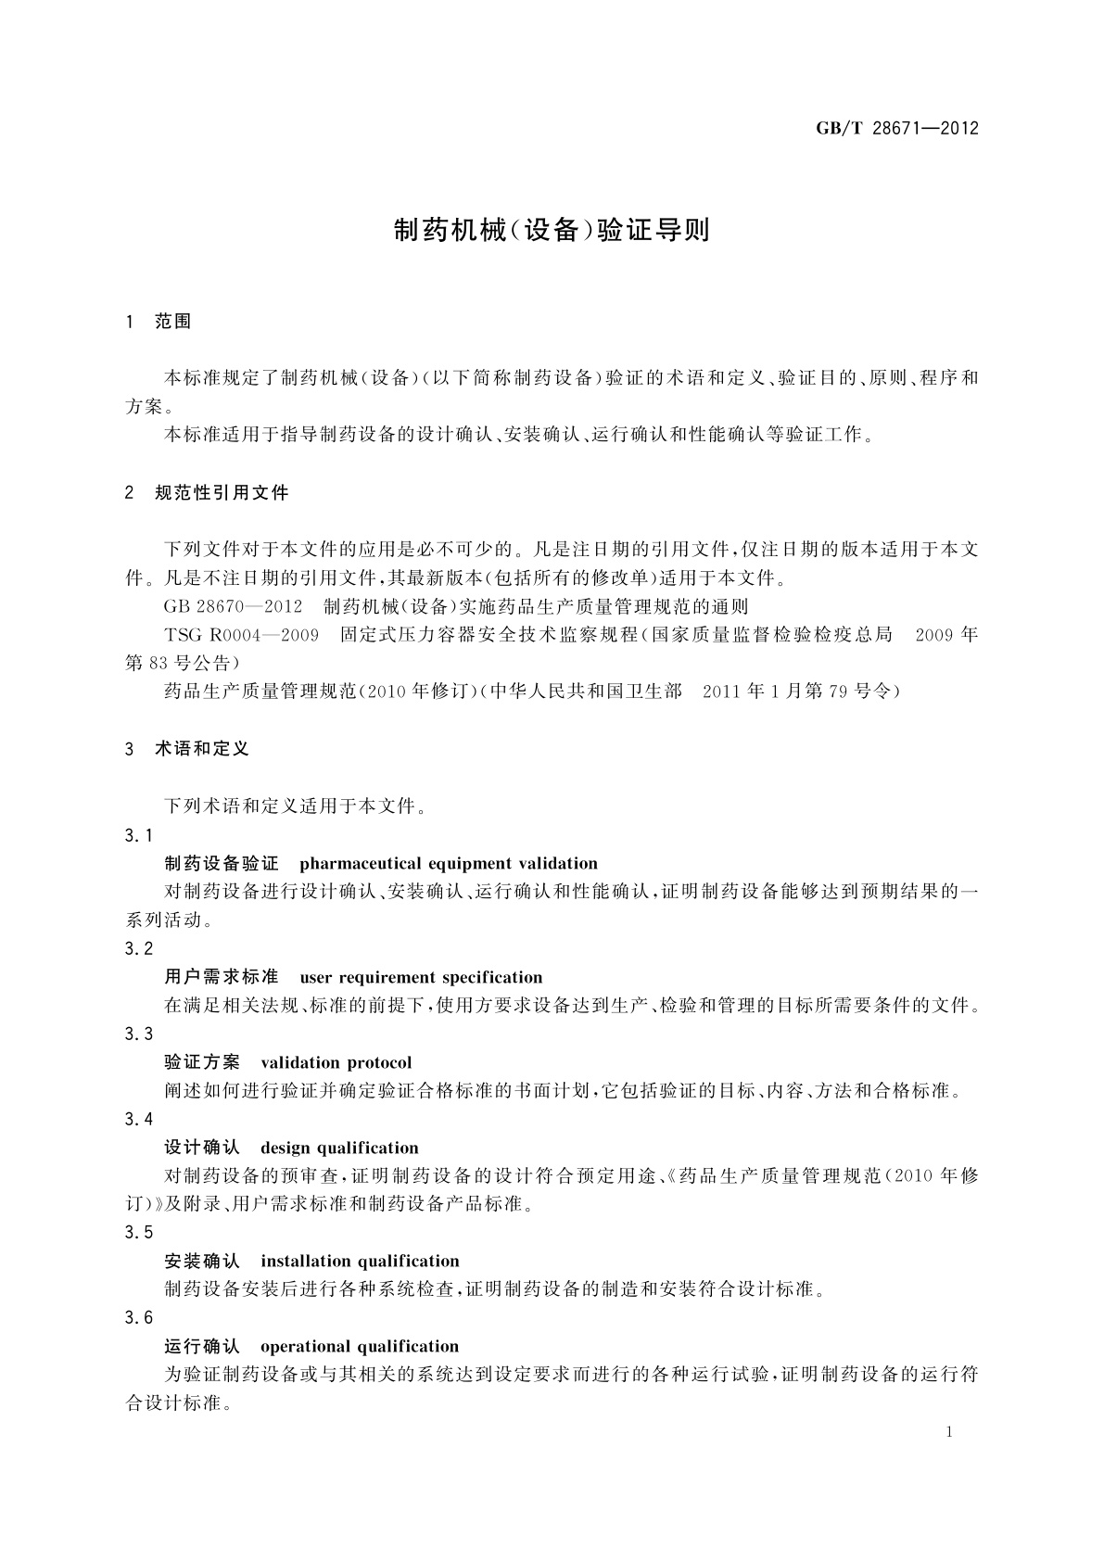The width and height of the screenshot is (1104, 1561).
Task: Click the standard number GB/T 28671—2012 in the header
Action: point(896,129)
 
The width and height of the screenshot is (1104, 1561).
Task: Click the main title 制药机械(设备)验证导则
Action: point(552,230)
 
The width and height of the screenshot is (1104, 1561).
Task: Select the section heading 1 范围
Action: point(159,322)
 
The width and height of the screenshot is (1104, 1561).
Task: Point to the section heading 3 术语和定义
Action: point(187,749)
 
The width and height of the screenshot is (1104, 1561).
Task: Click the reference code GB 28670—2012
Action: point(233,607)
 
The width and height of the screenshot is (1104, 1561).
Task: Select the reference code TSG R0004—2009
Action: point(241,635)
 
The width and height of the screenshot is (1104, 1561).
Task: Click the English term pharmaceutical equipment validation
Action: point(449,864)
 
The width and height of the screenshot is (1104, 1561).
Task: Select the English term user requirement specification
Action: point(421,977)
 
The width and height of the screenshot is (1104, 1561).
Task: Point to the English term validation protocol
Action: point(336,1062)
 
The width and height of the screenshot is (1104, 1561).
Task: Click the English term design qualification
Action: point(339,1148)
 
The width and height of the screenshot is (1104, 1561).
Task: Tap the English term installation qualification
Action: point(360,1261)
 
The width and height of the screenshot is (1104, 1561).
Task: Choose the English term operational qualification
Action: point(360,1346)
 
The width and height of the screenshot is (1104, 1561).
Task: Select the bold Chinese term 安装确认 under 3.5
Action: point(202,1261)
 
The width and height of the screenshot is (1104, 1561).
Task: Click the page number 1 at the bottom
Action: point(949,1432)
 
